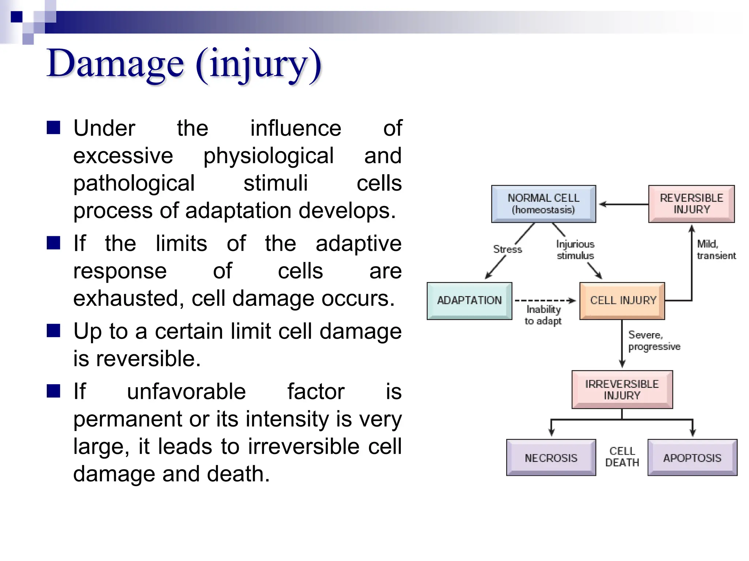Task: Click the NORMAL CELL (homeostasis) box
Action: tap(543, 204)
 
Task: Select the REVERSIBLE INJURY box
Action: tap(691, 204)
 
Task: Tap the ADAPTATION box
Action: tap(469, 301)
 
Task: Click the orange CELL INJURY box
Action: tap(622, 301)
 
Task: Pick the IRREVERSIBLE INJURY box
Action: tap(622, 389)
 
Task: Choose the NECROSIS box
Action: tap(551, 458)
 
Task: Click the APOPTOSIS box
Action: tap(692, 458)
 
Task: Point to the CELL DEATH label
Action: tap(622, 457)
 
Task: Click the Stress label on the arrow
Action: tap(507, 249)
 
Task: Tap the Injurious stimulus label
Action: tap(575, 250)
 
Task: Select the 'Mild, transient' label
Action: tap(716, 249)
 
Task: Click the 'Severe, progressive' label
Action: tap(654, 340)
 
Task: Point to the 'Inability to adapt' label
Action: tap(543, 315)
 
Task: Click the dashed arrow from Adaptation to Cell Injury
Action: tap(545, 301)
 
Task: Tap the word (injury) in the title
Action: tap(259, 65)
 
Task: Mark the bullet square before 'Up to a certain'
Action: tap(53, 331)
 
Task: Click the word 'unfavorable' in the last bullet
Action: tap(186, 392)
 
